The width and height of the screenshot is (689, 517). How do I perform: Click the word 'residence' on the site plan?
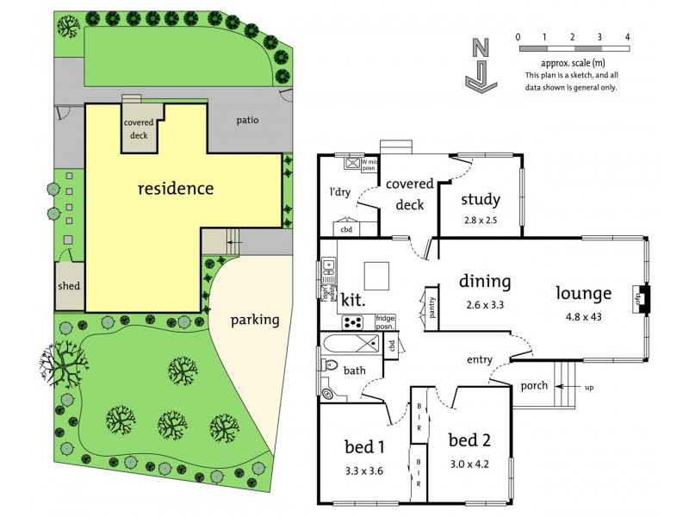[176, 188]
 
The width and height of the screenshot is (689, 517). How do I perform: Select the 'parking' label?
[255, 320]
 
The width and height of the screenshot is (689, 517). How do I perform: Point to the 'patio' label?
[247, 120]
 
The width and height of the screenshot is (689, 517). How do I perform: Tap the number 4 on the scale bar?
[628, 36]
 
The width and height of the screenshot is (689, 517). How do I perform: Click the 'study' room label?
[480, 200]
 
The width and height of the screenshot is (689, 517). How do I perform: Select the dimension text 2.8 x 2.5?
[480, 221]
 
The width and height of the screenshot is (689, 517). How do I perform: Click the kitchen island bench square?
[376, 276]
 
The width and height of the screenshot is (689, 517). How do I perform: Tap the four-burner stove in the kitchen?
[354, 322]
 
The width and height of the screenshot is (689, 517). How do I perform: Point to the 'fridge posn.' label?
[385, 322]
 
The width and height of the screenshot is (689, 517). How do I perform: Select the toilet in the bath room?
[328, 389]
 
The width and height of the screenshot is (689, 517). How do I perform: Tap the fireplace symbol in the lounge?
[641, 299]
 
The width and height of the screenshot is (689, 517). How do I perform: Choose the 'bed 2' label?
[469, 440]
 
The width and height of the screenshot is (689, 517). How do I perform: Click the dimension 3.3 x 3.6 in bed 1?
[363, 472]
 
